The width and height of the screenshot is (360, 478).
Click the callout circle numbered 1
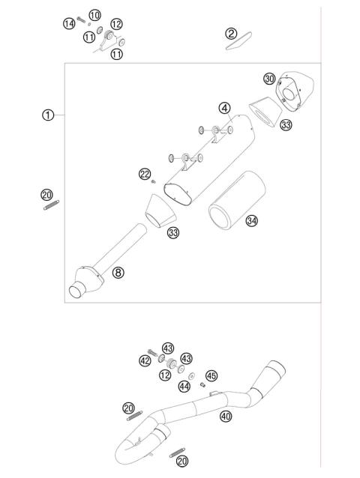48,115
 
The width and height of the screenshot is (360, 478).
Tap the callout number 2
232,33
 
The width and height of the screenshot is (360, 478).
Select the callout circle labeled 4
223,108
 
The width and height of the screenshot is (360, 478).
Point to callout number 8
118,272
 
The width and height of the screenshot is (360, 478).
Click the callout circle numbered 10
94,16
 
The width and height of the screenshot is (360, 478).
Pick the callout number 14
69,24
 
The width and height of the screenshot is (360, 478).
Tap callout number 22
145,175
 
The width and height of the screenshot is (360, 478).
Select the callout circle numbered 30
269,79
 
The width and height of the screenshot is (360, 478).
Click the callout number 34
252,221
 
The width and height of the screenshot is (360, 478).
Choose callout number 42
145,360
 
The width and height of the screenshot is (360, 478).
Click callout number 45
211,375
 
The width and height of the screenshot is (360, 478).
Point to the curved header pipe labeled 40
187,412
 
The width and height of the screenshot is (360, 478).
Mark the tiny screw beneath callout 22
152,182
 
